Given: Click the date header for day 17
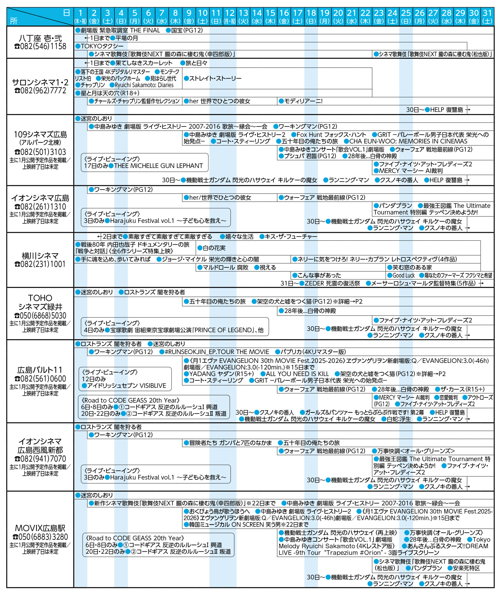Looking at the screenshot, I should click(x=297, y=17).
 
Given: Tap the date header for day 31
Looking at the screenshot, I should click(x=487, y=17).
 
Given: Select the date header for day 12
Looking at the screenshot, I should click(x=229, y=17).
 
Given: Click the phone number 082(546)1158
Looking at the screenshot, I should click(x=40, y=46).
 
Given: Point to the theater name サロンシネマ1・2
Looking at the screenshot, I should click(x=40, y=82).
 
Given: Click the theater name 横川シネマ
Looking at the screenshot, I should click(x=40, y=256).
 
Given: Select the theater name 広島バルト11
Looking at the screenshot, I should click(x=40, y=370).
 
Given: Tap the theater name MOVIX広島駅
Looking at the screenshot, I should click(x=40, y=528).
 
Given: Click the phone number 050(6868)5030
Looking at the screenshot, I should click(x=40, y=315).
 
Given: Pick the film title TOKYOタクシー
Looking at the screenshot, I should click(x=102, y=46).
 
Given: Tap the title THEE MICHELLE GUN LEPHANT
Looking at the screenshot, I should click(x=158, y=166).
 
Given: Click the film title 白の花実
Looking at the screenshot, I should click(x=214, y=248).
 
